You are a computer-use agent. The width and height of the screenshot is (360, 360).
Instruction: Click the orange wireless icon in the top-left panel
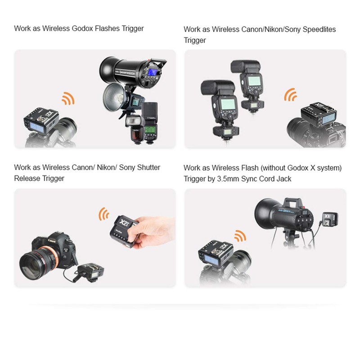pyautogui.click(x=68, y=99)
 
